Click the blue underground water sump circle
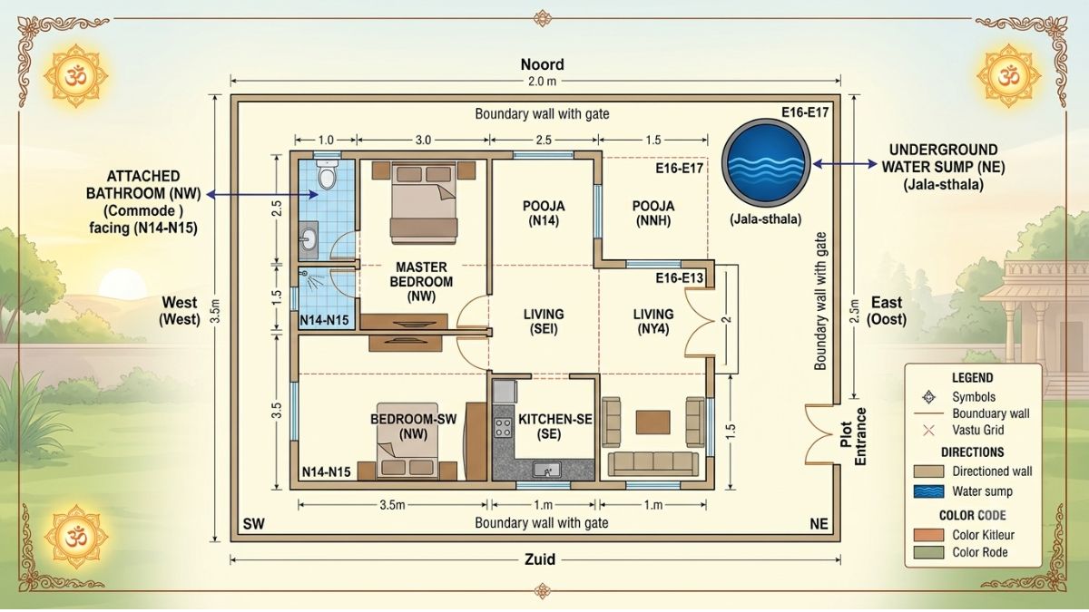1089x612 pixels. (x=766, y=161)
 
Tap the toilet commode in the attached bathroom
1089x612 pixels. (x=327, y=175)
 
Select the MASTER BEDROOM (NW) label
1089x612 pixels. (x=421, y=282)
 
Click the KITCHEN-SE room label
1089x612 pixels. (x=555, y=426)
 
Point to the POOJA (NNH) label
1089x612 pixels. (x=652, y=213)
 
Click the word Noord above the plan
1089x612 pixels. (x=542, y=64)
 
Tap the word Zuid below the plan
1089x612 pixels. (x=540, y=559)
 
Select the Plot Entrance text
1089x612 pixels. (x=853, y=436)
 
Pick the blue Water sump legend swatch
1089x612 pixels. (x=928, y=491)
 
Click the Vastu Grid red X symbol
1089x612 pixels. (x=928, y=430)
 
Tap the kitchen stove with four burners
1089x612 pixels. (x=503, y=428)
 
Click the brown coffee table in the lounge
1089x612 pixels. (x=652, y=423)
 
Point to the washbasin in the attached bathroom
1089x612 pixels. (x=309, y=240)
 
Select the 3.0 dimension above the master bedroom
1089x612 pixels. (x=423, y=140)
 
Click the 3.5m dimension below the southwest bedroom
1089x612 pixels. (x=392, y=505)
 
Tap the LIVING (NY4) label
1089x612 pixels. (x=652, y=322)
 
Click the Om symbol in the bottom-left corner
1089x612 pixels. (x=76, y=536)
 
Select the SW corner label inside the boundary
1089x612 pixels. (x=254, y=524)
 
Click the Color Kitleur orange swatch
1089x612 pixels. (x=928, y=535)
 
